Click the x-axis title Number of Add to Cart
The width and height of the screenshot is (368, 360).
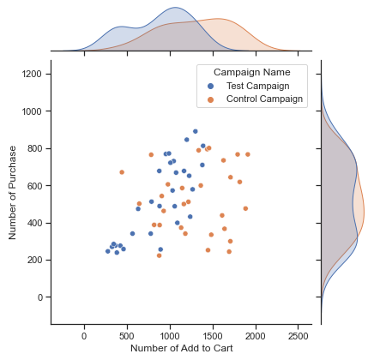[x=182, y=348]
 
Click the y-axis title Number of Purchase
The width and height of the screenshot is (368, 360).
[x=12, y=193]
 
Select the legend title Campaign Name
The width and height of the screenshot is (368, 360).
[x=252, y=72]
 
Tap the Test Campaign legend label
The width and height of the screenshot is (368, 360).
[x=258, y=86]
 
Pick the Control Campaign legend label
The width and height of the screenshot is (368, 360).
[x=264, y=99]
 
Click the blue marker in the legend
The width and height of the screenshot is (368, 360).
[x=211, y=86]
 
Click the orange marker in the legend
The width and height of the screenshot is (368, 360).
[x=211, y=99]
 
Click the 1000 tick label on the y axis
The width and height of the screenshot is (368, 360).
[x=32, y=111]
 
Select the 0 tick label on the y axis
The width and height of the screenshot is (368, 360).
[x=39, y=297]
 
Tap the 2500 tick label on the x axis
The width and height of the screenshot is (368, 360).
[x=299, y=336]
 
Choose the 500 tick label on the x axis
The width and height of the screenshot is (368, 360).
[x=128, y=336]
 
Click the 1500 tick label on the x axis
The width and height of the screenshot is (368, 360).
[x=213, y=336]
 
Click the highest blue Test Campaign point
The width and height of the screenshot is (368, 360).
[x=196, y=131]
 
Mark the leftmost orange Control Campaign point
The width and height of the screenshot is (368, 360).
[x=122, y=172]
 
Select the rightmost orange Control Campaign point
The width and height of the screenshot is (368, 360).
[x=248, y=154]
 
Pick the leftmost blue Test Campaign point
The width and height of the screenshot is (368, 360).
[x=108, y=251]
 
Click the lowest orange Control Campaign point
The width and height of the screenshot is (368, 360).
[x=160, y=255]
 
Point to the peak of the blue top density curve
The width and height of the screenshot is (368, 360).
[x=175, y=7]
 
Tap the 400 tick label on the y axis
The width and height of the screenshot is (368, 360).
[x=34, y=223]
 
